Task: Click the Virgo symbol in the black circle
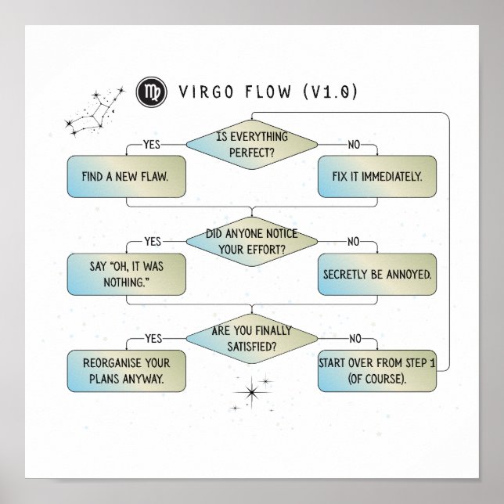click(x=147, y=92)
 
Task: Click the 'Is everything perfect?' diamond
click(x=251, y=143)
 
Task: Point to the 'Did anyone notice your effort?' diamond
click(x=251, y=240)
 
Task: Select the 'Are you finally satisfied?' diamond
click(x=251, y=337)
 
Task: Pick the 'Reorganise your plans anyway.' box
click(x=126, y=371)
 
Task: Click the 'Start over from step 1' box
click(x=376, y=371)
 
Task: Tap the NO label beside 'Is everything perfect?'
click(x=353, y=144)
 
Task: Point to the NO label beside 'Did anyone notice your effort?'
click(x=353, y=241)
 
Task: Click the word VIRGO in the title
click(x=203, y=93)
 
